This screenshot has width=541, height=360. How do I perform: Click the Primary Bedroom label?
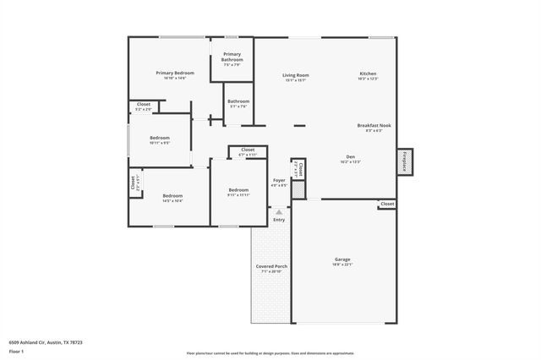[175, 74]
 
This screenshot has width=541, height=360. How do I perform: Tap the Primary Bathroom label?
[232, 57]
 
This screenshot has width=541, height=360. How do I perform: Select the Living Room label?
[294, 76]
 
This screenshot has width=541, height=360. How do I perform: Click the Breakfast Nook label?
[374, 126]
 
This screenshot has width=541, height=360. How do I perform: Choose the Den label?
[350, 157]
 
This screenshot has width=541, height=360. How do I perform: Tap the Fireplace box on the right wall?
[405, 161]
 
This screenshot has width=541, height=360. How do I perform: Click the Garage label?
[342, 259]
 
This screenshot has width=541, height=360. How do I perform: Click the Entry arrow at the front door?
[279, 211]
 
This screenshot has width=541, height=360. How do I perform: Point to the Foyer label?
[279, 180]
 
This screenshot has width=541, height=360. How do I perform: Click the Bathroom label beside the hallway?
[238, 102]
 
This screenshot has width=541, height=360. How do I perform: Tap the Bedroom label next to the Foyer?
[238, 190]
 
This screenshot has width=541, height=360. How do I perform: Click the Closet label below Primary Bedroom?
[144, 105]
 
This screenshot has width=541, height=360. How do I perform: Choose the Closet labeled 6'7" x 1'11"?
[247, 150]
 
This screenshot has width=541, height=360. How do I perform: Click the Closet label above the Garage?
[386, 204]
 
